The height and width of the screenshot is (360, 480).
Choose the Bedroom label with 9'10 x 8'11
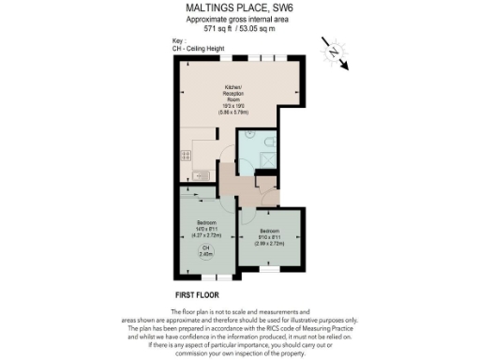[268, 235]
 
